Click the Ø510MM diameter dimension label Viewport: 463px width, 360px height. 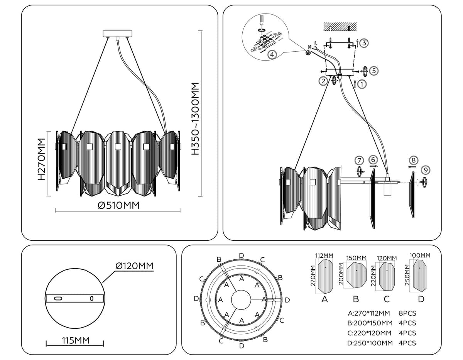[118, 206]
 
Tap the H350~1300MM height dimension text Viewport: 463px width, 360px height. [197, 118]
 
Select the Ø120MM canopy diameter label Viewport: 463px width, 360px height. [134, 266]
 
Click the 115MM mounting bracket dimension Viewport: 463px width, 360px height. [76, 340]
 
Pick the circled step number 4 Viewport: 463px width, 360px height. [272, 54]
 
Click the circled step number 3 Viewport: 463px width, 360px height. [364, 43]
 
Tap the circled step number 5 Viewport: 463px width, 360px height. [373, 71]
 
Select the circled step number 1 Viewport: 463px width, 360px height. [362, 83]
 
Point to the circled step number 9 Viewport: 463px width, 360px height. [426, 170]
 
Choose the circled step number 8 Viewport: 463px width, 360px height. [413, 160]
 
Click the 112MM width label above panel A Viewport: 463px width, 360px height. [324, 255]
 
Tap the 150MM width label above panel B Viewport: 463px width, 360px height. [356, 258]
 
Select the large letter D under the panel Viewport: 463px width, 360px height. [421, 299]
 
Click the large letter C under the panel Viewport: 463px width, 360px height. [387, 299]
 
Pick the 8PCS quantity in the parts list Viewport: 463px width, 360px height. [407, 313]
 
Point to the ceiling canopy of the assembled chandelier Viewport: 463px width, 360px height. [117, 34]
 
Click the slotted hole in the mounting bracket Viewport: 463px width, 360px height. [59, 299]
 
